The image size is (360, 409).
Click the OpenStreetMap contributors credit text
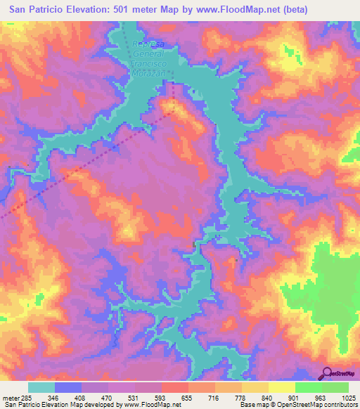point(316,405)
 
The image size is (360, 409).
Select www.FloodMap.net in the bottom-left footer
point(149,405)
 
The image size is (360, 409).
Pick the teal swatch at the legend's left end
point(41,387)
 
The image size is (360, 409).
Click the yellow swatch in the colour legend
point(281,387)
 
